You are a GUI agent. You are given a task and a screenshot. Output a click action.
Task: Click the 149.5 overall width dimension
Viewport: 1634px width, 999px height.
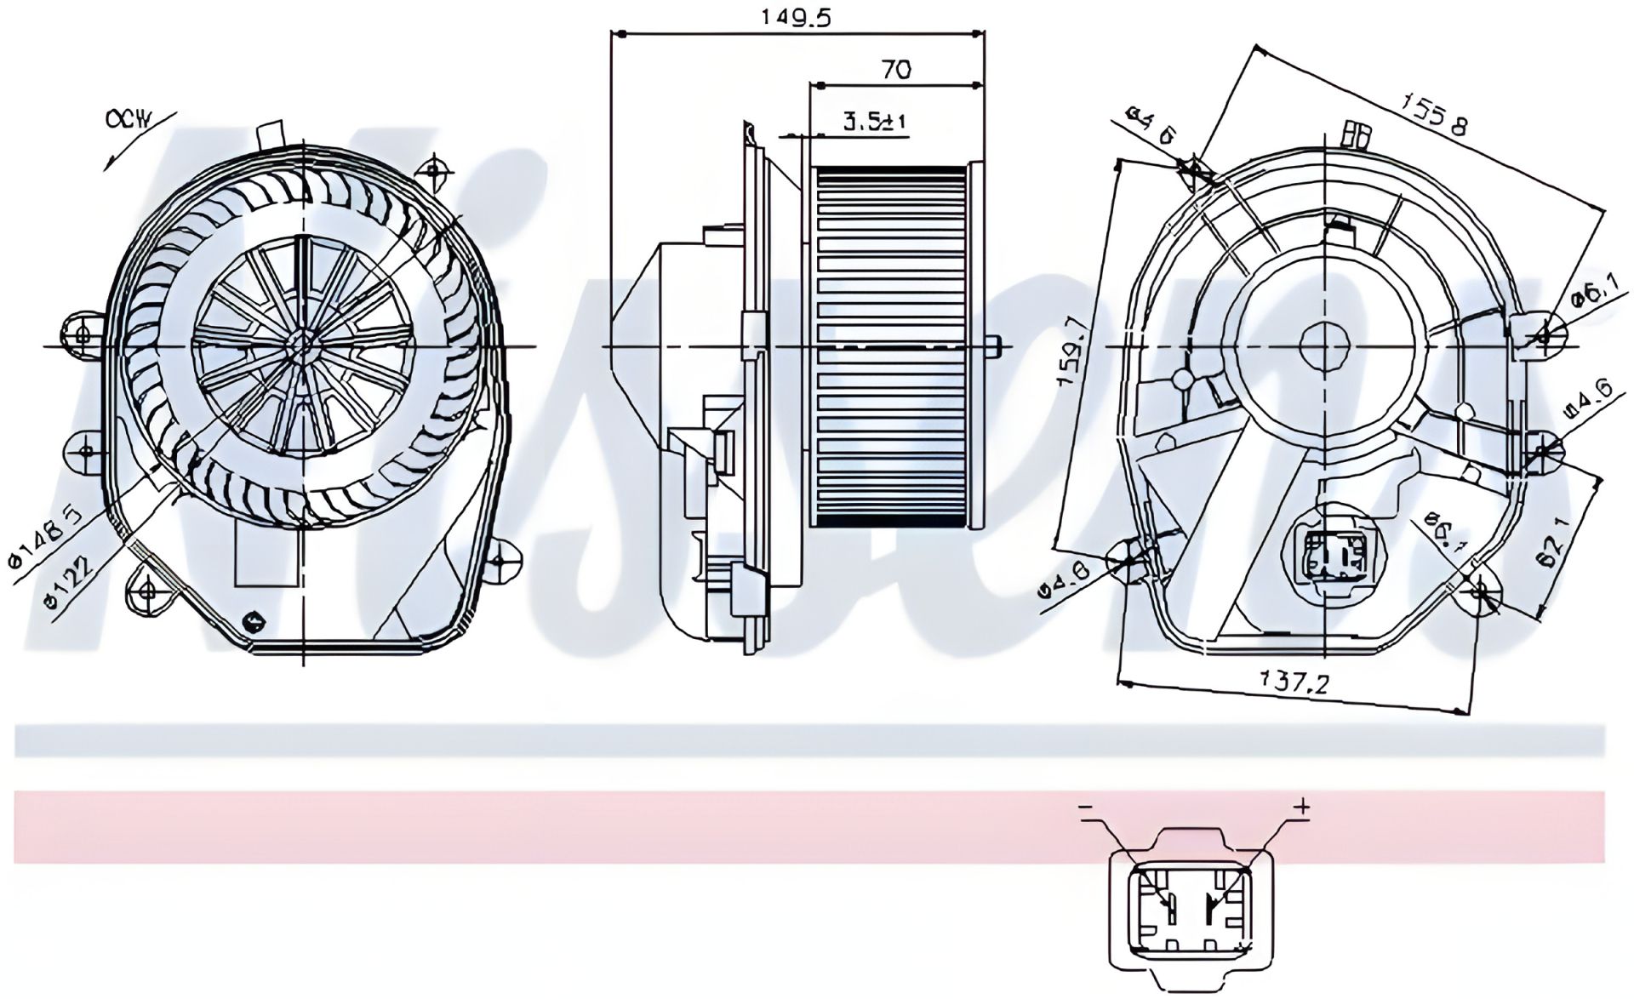[x=797, y=17]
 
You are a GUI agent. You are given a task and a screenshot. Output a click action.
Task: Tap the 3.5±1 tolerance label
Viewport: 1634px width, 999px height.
[x=875, y=122]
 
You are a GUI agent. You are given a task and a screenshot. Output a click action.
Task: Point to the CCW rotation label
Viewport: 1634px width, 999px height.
[x=128, y=119]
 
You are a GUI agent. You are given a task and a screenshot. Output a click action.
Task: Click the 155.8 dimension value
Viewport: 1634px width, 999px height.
[x=1435, y=114]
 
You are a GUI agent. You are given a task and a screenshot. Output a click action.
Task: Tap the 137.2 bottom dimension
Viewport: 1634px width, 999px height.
[x=1294, y=681]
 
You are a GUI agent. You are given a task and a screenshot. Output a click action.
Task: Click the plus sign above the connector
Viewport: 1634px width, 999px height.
[x=1301, y=805]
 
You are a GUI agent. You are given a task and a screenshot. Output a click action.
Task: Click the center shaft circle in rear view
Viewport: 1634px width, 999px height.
[x=1326, y=345]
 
